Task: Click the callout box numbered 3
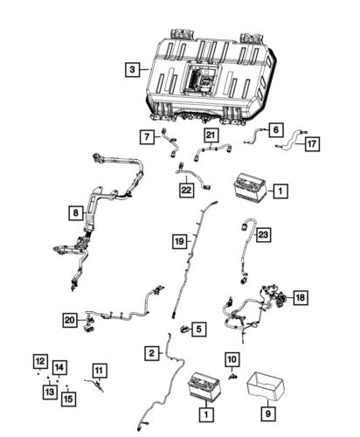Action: tap(133, 69)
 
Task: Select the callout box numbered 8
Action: tap(76, 213)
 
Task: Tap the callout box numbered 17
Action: tap(312, 144)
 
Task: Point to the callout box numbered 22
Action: tap(186, 190)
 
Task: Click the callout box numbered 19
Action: tap(180, 241)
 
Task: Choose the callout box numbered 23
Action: tap(263, 234)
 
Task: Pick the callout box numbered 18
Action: tap(301, 297)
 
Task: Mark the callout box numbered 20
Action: tap(70, 320)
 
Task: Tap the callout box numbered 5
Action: tap(198, 329)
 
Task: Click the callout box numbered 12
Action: tap(40, 361)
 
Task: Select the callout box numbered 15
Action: tap(68, 399)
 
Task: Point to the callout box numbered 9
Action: tap(268, 413)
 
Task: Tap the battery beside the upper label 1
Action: tap(250, 187)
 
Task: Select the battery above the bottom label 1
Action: tap(204, 385)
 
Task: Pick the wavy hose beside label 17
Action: tap(291, 140)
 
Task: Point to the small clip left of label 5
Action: tap(184, 329)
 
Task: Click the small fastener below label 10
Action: tap(233, 377)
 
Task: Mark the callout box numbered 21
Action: tap(211, 135)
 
